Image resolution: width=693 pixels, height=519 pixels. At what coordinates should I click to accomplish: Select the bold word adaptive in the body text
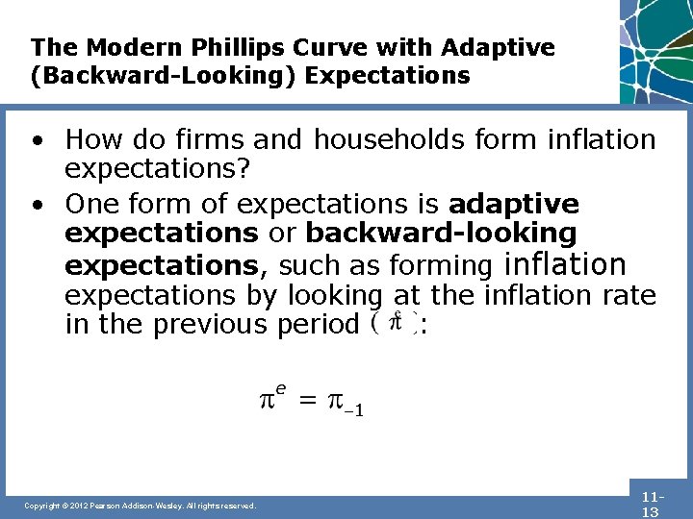tap(514, 204)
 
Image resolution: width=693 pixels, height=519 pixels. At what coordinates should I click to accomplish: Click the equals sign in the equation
tap(306, 401)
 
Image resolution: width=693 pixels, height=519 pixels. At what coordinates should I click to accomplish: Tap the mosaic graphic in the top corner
tap(656, 48)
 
